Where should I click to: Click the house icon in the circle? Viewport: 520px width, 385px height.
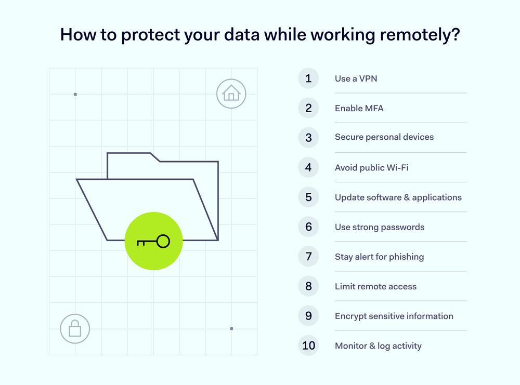(x=231, y=94)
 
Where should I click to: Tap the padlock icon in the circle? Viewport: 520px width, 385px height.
(x=75, y=328)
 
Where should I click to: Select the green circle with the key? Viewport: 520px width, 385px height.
(x=153, y=241)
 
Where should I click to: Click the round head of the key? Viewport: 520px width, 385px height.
(x=163, y=241)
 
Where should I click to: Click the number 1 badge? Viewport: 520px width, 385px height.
(x=308, y=78)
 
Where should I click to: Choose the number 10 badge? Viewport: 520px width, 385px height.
(x=308, y=346)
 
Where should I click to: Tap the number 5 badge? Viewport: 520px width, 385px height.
(x=308, y=197)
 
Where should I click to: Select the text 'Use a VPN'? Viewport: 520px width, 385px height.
(x=356, y=79)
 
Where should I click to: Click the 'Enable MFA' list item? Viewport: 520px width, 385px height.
(x=359, y=109)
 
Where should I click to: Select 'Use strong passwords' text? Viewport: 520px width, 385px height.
(x=380, y=227)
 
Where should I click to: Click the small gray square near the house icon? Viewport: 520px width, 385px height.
(x=75, y=95)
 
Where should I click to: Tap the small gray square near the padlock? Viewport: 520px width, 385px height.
(x=231, y=328)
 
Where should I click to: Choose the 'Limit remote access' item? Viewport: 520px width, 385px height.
(x=375, y=286)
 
